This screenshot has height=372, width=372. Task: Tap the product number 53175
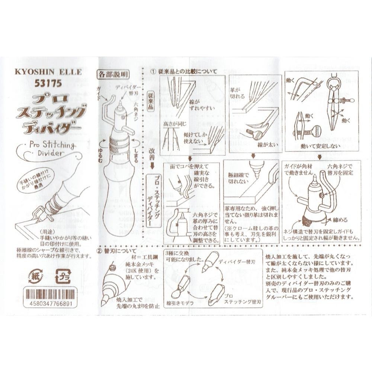pos(48,83)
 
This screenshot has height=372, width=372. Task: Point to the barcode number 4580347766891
pos(51,304)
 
